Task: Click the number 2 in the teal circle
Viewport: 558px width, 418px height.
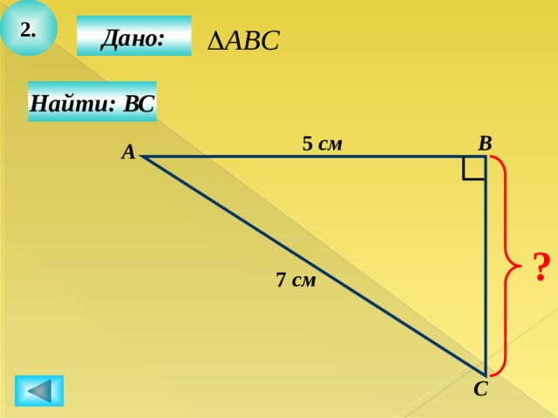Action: pyautogui.click(x=28, y=30)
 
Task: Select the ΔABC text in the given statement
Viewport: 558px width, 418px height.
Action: pyautogui.click(x=243, y=40)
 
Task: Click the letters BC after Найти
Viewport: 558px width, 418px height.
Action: pyautogui.click(x=139, y=104)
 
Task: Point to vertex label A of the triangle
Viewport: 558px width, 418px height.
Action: pyautogui.click(x=128, y=152)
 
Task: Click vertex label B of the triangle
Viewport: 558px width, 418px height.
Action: pyautogui.click(x=485, y=144)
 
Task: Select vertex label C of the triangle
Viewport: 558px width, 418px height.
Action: pyautogui.click(x=480, y=389)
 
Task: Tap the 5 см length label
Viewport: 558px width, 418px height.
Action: pyautogui.click(x=322, y=144)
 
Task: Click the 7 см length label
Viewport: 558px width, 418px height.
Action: pyautogui.click(x=296, y=280)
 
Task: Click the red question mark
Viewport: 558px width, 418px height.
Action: pyautogui.click(x=541, y=267)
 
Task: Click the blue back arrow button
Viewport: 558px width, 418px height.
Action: pyautogui.click(x=39, y=391)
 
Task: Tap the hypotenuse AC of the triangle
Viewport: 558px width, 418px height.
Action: pyautogui.click(x=314, y=266)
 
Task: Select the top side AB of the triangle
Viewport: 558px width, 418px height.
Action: pyautogui.click(x=314, y=156)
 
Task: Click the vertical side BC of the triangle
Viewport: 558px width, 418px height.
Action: pyautogui.click(x=486, y=266)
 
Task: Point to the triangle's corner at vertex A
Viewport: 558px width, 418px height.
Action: pyautogui.click(x=142, y=156)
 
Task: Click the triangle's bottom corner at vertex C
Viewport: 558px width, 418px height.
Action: pyautogui.click(x=486, y=375)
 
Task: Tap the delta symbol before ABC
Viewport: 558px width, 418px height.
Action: pyautogui.click(x=215, y=41)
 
